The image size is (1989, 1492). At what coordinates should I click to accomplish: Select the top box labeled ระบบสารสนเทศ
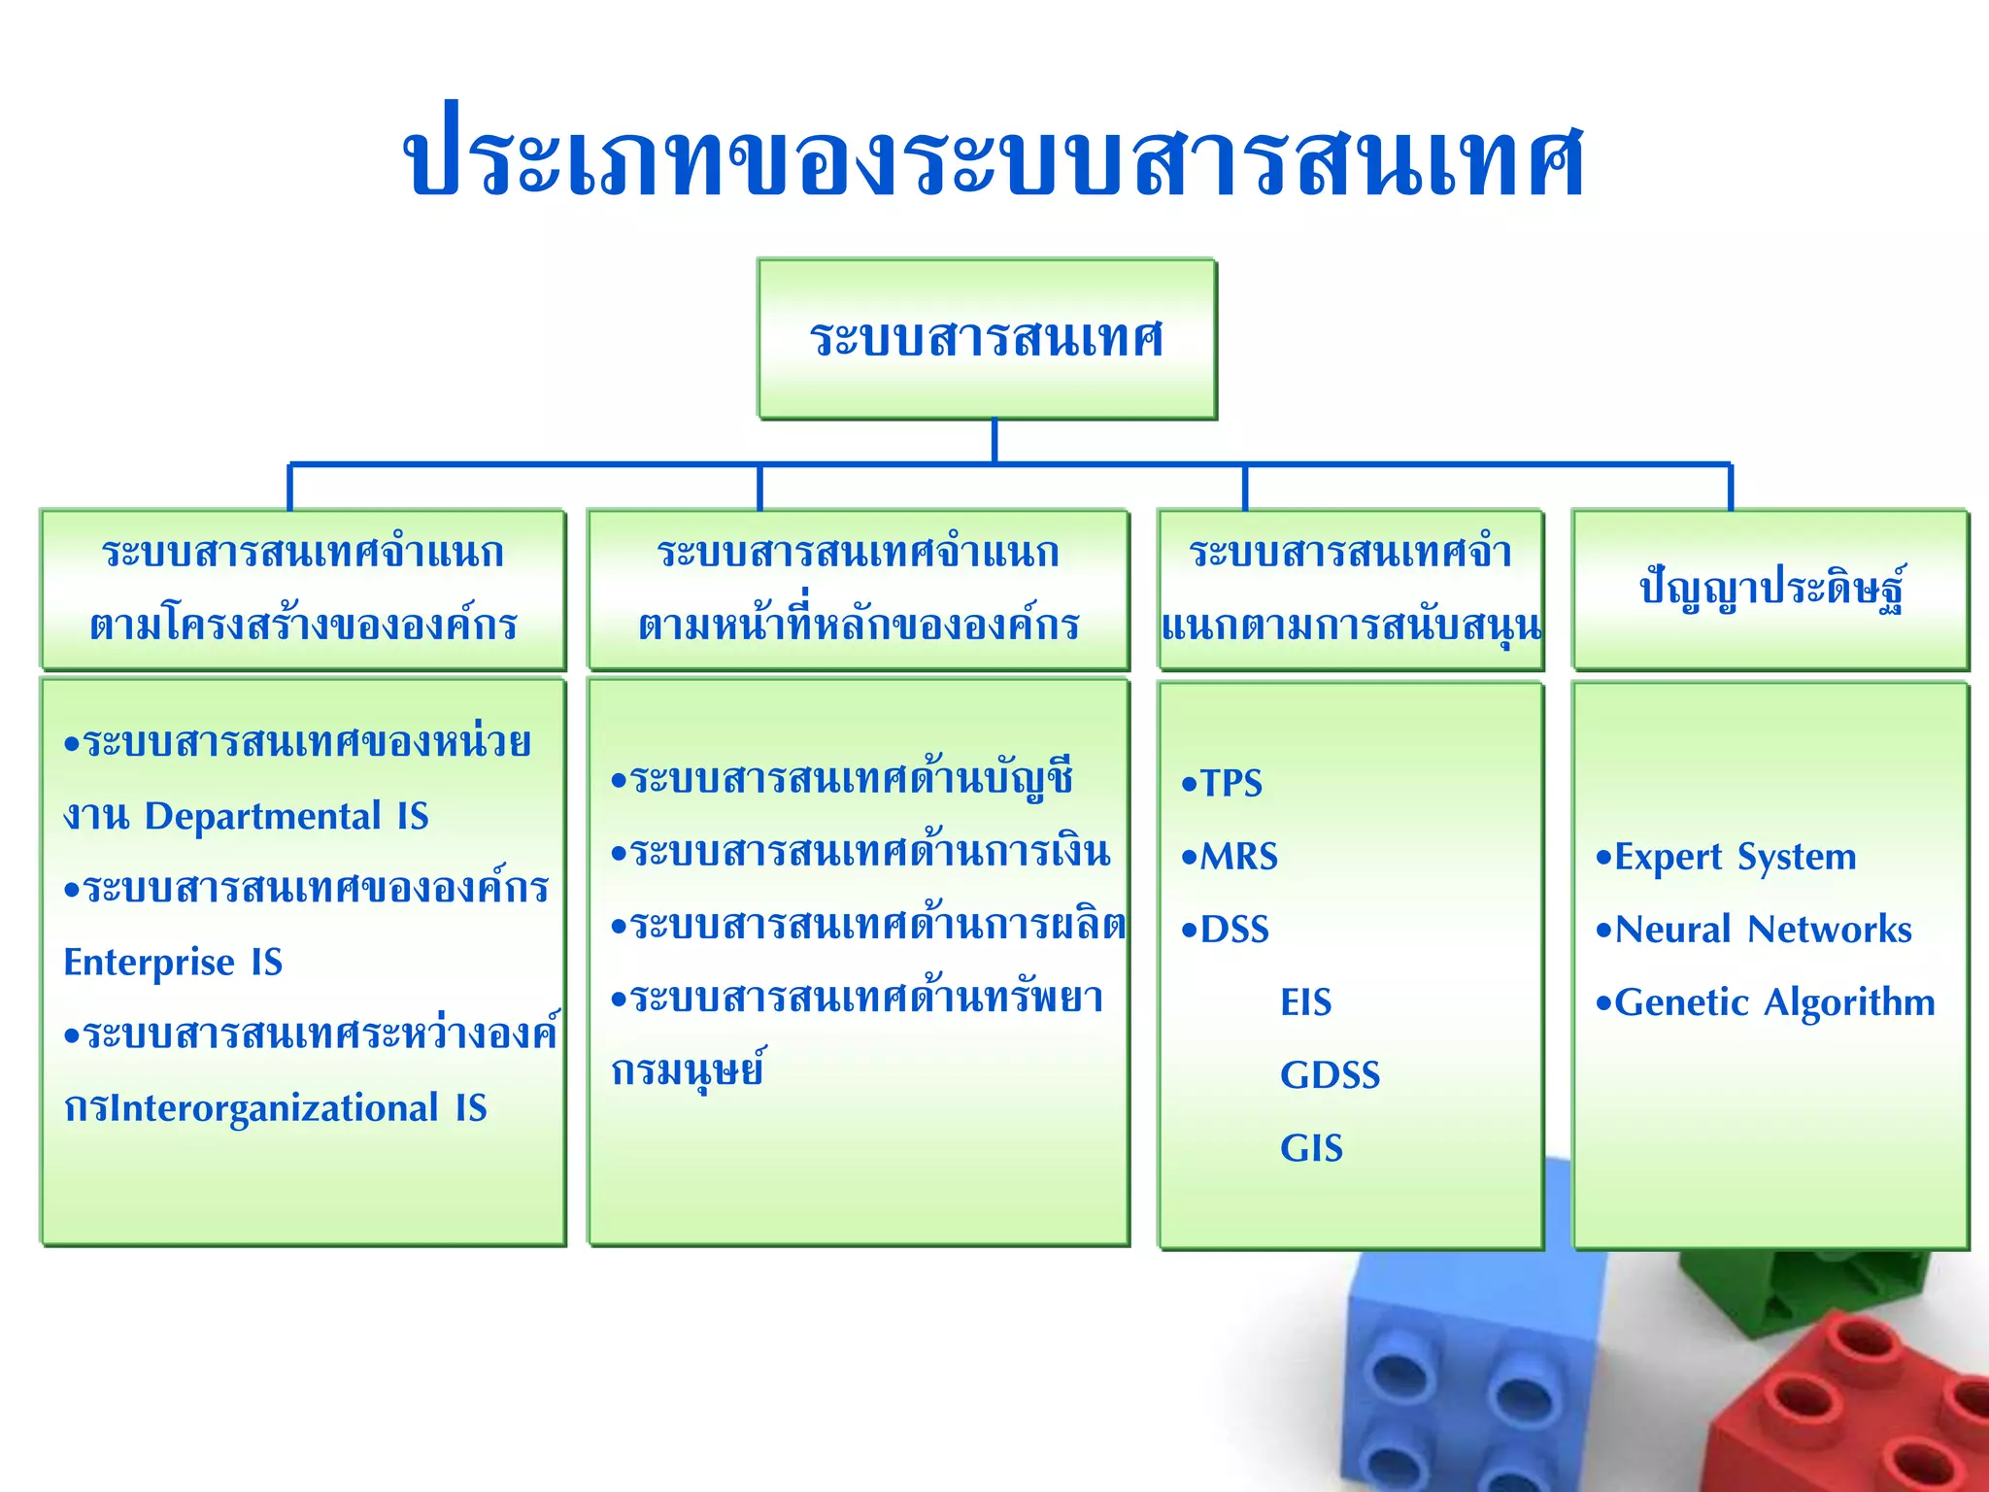point(986,338)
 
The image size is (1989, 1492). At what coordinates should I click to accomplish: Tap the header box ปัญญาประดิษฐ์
point(1770,590)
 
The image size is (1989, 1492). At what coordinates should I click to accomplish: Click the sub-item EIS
point(1305,1002)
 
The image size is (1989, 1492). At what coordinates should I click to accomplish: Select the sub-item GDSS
point(1329,1075)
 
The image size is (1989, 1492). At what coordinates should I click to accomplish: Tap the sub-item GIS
point(1311,1148)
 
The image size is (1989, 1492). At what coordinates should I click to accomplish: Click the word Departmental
point(262,816)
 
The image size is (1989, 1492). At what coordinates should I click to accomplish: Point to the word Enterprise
point(149,963)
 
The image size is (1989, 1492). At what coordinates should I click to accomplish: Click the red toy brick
point(1845,1408)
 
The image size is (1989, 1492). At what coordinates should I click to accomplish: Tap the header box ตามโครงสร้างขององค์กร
point(303,590)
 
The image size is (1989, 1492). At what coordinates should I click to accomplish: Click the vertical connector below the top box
point(994,440)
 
